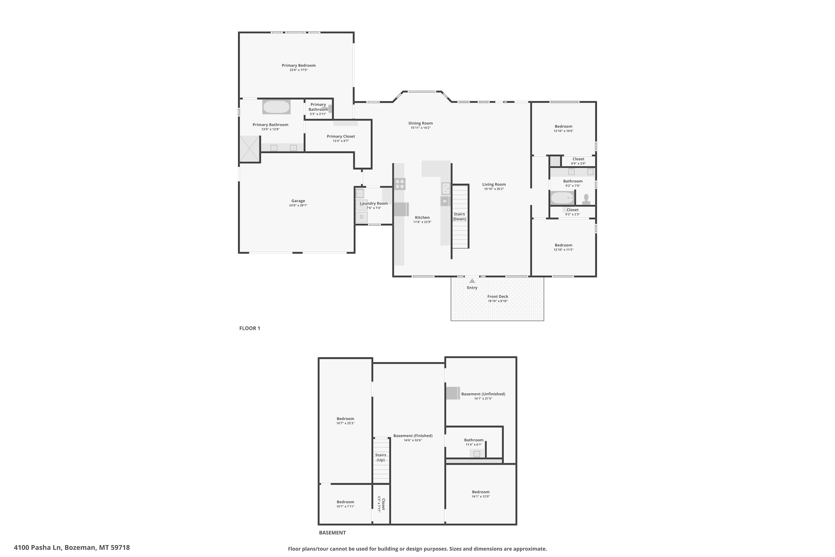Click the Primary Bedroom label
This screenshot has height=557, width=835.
[299, 65]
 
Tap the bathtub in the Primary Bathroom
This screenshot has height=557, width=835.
[276, 107]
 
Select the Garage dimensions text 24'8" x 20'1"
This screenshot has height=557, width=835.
[298, 205]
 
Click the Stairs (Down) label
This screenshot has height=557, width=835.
[460, 217]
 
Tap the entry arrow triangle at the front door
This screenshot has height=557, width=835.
[472, 281]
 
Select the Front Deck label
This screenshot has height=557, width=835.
[498, 297]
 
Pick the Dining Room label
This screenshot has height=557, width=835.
[421, 123]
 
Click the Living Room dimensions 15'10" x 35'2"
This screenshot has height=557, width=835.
[494, 189]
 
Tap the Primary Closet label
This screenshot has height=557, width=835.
[341, 136]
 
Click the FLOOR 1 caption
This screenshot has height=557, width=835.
[250, 328]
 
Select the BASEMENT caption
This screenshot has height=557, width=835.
[332, 533]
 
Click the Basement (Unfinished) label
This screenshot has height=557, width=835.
[483, 394]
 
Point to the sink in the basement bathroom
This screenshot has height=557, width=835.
[477, 454]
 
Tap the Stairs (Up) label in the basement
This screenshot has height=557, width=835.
[380, 458]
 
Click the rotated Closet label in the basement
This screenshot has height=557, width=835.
[383, 504]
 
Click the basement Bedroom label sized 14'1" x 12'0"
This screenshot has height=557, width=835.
[481, 492]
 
